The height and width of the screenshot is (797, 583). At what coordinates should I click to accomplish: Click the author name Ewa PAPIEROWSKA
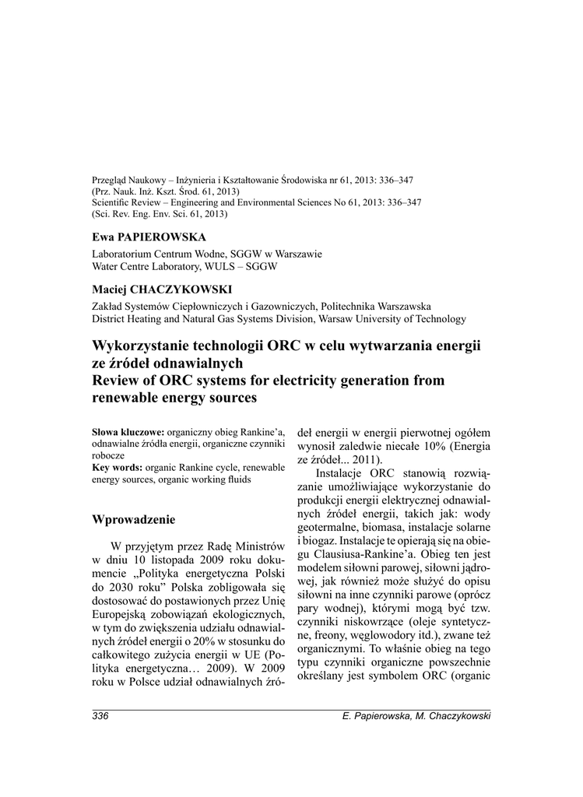[x=149, y=237]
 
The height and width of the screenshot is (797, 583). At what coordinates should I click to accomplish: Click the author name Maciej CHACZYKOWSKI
[x=162, y=289]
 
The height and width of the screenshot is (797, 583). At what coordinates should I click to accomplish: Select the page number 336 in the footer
[x=100, y=716]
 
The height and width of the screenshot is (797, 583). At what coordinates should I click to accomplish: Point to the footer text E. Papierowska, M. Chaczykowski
[x=416, y=716]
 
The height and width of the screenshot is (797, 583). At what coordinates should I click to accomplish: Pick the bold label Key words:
[x=117, y=467]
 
